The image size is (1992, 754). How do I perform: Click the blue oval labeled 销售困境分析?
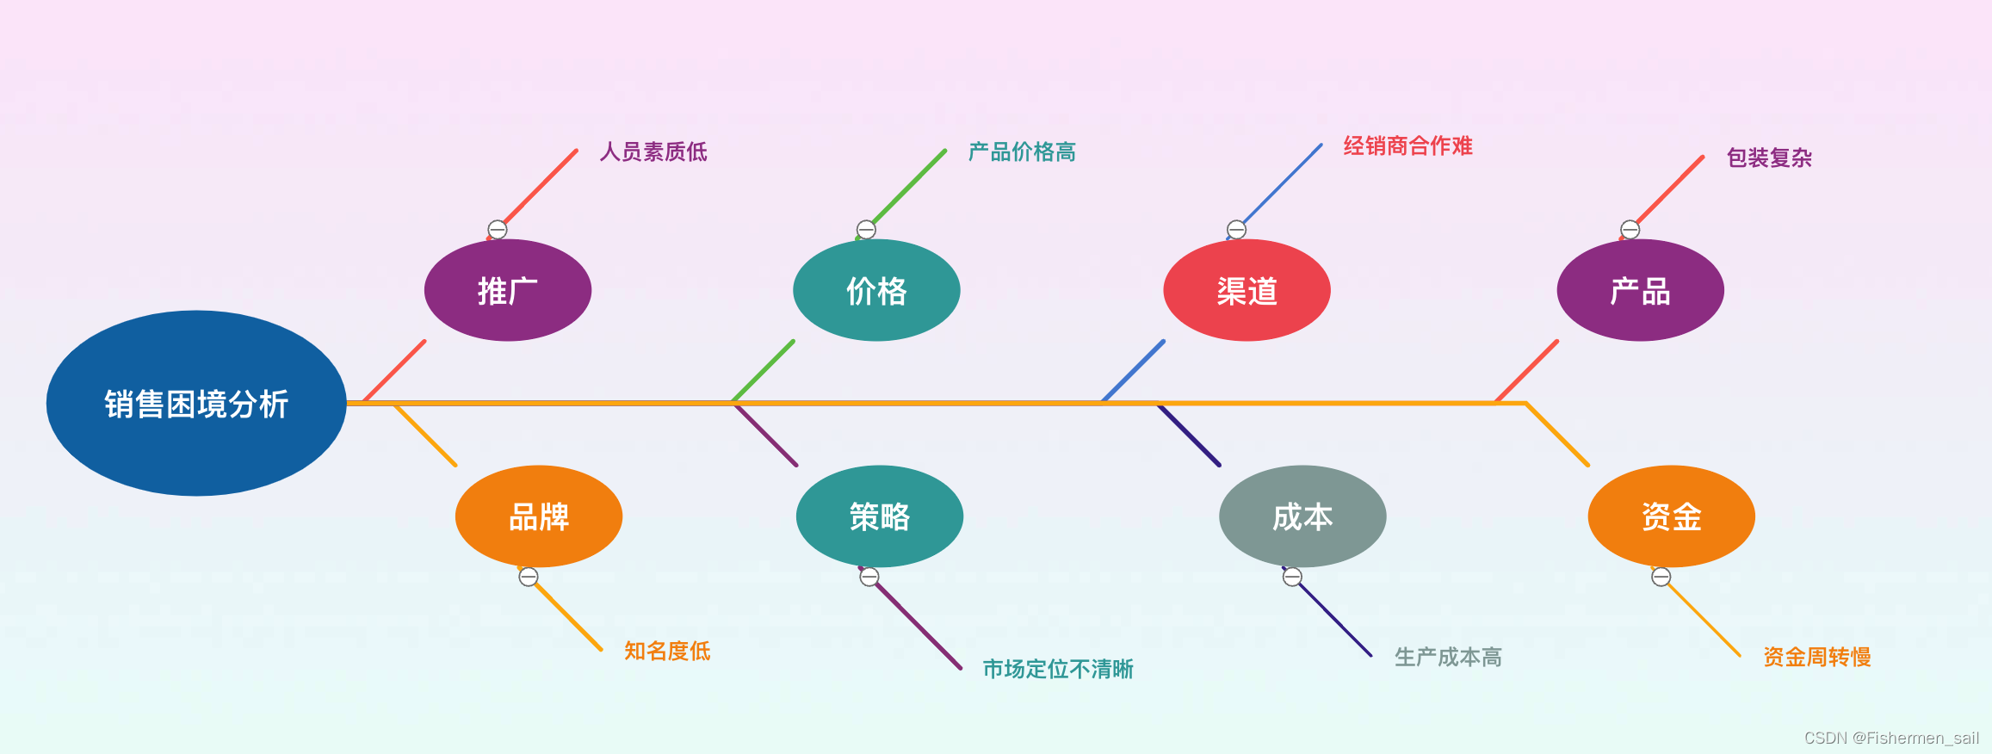pos(196,403)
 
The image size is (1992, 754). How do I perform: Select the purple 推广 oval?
pos(508,291)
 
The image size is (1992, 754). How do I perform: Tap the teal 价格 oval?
pos(876,291)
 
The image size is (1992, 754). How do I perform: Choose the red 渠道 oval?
pos(1247,291)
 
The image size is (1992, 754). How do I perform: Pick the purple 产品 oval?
pos(1640,291)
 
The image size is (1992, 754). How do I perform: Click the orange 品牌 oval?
pos(539,516)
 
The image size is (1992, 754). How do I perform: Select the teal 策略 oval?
pos(879,516)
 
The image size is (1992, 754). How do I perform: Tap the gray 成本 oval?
pos(1302,516)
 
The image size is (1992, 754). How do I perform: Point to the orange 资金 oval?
pos(1671,516)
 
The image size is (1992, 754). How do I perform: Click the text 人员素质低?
pos(653,152)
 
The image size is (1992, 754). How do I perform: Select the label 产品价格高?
pos(1022,152)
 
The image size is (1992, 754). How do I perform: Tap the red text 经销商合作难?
pos(1407,146)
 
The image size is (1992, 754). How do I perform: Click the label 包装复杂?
pos(1769,158)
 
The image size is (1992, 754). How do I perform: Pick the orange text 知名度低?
pos(667,651)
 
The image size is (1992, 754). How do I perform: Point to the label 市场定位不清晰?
pos(1058,669)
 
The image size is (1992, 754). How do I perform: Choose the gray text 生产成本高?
pos(1448,658)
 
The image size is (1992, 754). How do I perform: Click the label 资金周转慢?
pos(1816,658)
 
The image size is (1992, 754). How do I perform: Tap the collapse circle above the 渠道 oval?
pos(1236,230)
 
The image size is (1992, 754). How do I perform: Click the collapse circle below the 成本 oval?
pos(1292,578)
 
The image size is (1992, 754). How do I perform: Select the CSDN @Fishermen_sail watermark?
pos(1891,738)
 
